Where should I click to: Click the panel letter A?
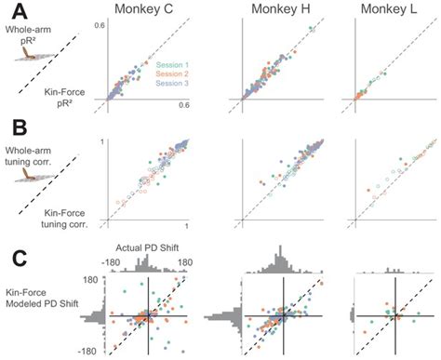coord(16,12)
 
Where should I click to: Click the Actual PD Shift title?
coord(147,249)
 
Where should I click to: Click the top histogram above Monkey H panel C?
coord(285,266)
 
